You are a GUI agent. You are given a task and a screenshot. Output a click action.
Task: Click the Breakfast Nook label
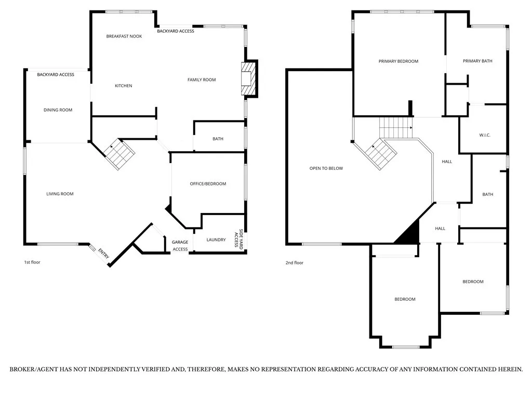coord(124,36)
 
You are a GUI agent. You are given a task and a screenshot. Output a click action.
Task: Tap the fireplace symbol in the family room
coord(249,78)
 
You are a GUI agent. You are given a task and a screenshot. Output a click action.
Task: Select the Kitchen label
coord(124,86)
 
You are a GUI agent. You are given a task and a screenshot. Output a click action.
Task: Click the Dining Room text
coord(58,110)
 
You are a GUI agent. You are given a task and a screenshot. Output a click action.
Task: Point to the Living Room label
coord(60,194)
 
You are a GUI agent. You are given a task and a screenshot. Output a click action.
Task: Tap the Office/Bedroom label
coord(208,184)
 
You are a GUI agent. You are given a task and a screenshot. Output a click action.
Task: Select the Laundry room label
coord(216,240)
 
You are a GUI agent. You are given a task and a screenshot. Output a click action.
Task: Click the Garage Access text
coord(180,245)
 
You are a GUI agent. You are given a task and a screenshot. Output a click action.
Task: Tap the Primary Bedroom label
coord(398,61)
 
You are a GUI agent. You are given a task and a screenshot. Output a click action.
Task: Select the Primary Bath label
coord(477,61)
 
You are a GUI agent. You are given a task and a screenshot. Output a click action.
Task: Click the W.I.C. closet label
coord(485,135)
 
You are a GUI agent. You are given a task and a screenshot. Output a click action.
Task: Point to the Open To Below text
coord(326,168)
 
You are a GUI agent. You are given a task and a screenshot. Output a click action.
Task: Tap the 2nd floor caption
coord(295,263)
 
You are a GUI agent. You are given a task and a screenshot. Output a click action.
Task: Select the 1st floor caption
coord(32,262)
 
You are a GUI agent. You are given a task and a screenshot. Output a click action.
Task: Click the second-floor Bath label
coord(488,194)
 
